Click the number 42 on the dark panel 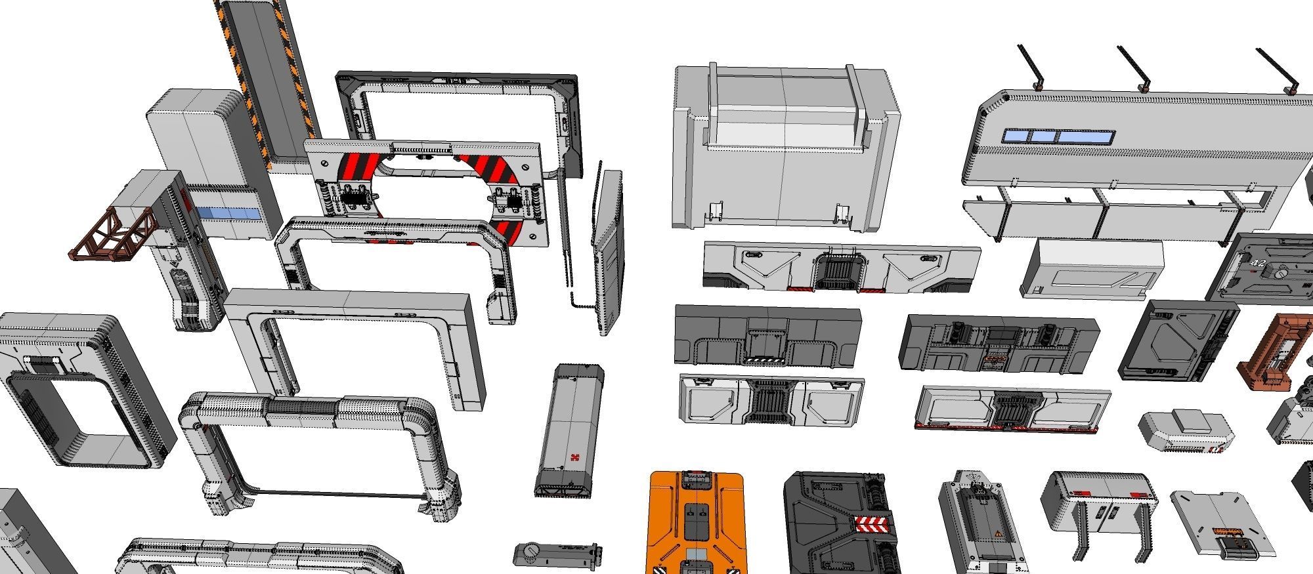tap(1258, 263)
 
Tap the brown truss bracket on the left tap(113, 235)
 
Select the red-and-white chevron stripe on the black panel tap(872, 524)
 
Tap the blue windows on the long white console tap(1057, 136)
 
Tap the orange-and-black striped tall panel tap(269, 79)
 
